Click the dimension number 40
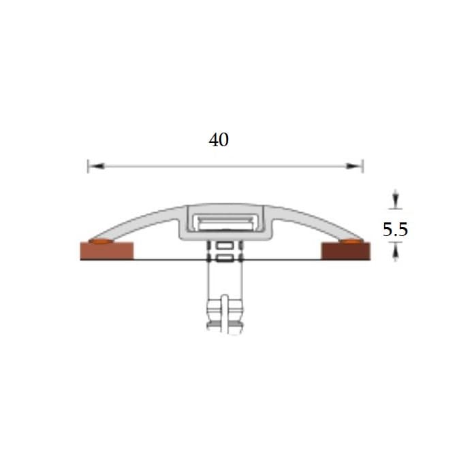(x=219, y=139)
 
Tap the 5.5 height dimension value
(x=395, y=229)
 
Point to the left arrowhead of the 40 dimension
(x=97, y=166)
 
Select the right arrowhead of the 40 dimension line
(x=353, y=166)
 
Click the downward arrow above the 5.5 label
(x=396, y=199)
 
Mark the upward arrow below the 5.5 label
(x=396, y=252)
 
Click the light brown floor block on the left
(x=107, y=251)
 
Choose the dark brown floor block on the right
(x=346, y=251)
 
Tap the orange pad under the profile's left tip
(x=101, y=241)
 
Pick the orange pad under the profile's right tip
(x=351, y=241)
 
